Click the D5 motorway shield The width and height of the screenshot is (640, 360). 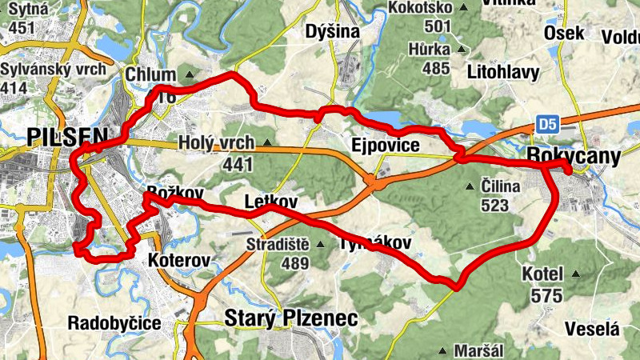(x=546, y=124)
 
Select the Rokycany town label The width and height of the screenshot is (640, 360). (x=574, y=158)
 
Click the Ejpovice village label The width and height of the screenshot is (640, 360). (x=386, y=145)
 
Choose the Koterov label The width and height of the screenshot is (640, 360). (x=179, y=261)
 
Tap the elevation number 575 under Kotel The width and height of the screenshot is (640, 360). (x=546, y=295)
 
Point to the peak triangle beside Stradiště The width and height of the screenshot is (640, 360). (x=320, y=245)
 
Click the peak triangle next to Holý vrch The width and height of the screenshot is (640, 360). (x=266, y=144)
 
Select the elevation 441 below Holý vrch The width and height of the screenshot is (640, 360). (x=238, y=165)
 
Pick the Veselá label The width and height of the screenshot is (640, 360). (x=592, y=329)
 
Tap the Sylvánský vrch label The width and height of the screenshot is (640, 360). (x=53, y=70)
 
